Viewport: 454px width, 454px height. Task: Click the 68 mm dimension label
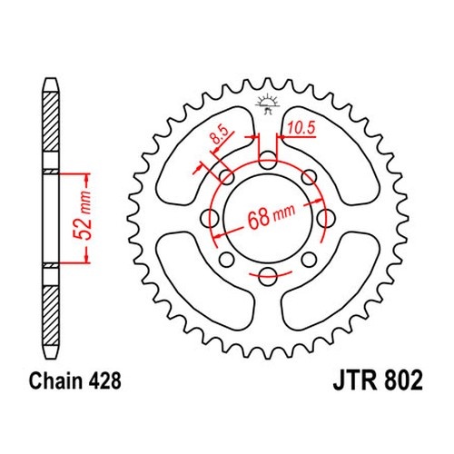pos(271,215)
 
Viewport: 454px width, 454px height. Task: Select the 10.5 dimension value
pos(301,128)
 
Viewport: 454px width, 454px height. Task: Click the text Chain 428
pos(75,380)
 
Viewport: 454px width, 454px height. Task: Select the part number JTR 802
pos(378,380)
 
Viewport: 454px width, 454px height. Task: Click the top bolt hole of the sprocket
pos(268,161)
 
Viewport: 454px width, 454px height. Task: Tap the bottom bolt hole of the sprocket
pos(268,276)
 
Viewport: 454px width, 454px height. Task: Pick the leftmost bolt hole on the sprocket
pos(210,218)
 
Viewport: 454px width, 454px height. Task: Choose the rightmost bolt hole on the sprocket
pos(326,218)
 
